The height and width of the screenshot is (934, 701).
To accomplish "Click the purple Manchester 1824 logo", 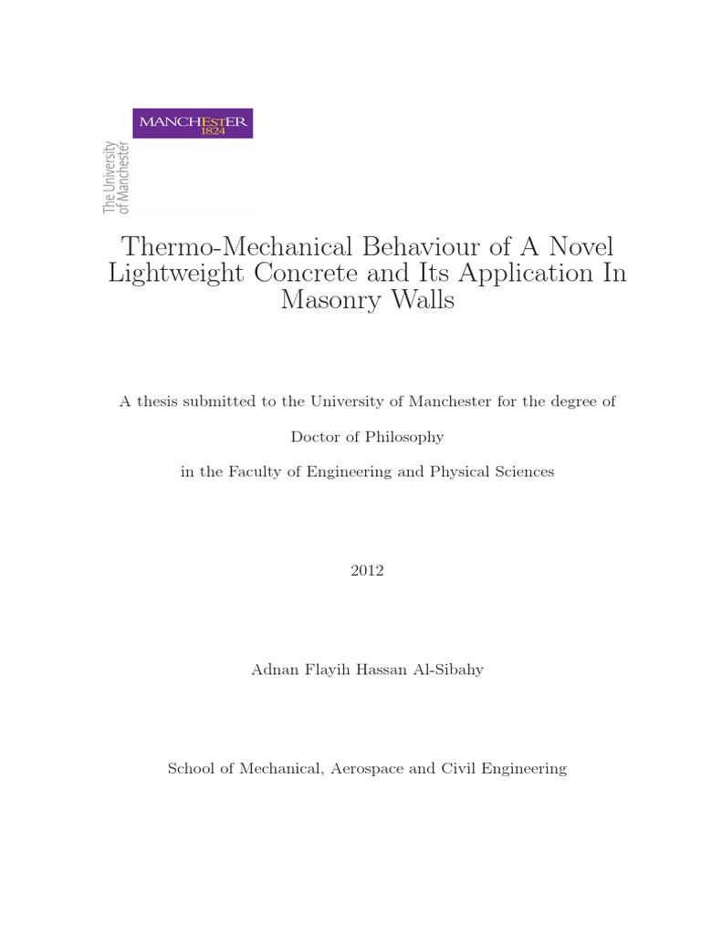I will pos(193,123).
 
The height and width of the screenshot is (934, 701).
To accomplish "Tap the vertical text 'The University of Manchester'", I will pos(116,178).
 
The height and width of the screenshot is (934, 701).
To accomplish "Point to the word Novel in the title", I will pos(574,246).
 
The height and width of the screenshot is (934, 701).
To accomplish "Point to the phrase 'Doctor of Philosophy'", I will pos(367,437).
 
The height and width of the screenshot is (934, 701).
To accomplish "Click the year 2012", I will pos(367,571).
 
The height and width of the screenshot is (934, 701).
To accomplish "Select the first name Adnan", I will pos(272,669).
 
